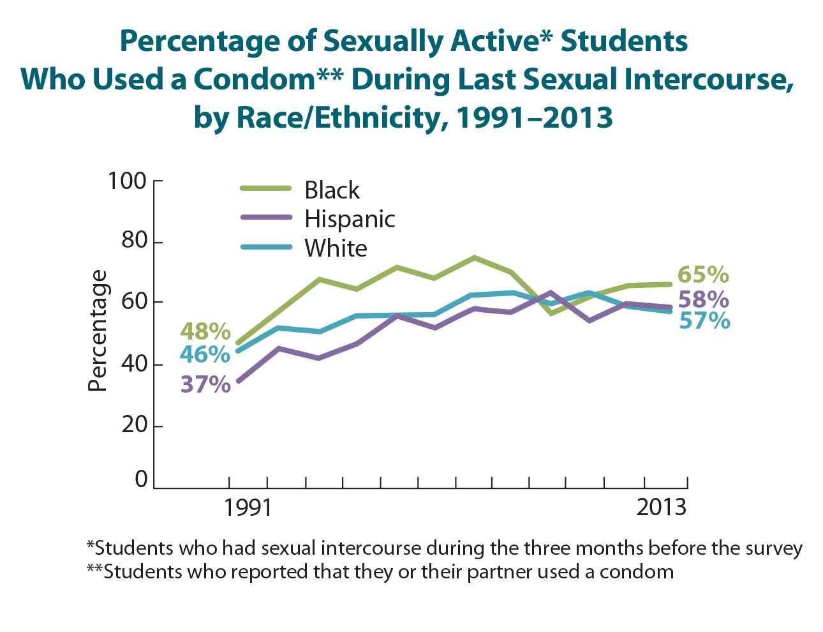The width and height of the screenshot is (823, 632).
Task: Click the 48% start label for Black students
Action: pyautogui.click(x=205, y=331)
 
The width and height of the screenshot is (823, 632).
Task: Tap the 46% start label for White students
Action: pyautogui.click(x=205, y=354)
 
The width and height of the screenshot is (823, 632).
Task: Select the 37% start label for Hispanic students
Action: pyautogui.click(x=205, y=384)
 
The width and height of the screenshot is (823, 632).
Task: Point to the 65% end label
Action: pyautogui.click(x=703, y=275)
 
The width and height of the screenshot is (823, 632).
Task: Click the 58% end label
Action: pyautogui.click(x=703, y=299)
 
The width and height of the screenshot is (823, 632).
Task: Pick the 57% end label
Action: pyautogui.click(x=704, y=320)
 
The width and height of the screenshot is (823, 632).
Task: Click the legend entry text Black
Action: pyautogui.click(x=332, y=190)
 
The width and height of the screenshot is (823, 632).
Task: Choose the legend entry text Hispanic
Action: pyautogui.click(x=350, y=219)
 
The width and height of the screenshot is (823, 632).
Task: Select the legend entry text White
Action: pyautogui.click(x=336, y=248)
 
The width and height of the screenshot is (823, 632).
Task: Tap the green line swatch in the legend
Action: pyautogui.click(x=265, y=188)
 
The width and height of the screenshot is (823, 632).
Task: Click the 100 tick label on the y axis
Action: pyautogui.click(x=127, y=181)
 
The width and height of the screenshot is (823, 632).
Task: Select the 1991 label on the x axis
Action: pyautogui.click(x=248, y=508)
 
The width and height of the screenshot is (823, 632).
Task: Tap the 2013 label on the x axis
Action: pyautogui.click(x=661, y=508)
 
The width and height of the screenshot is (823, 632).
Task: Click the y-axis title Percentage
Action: pyautogui.click(x=97, y=331)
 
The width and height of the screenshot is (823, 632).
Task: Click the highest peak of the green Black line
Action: pyautogui.click(x=474, y=257)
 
